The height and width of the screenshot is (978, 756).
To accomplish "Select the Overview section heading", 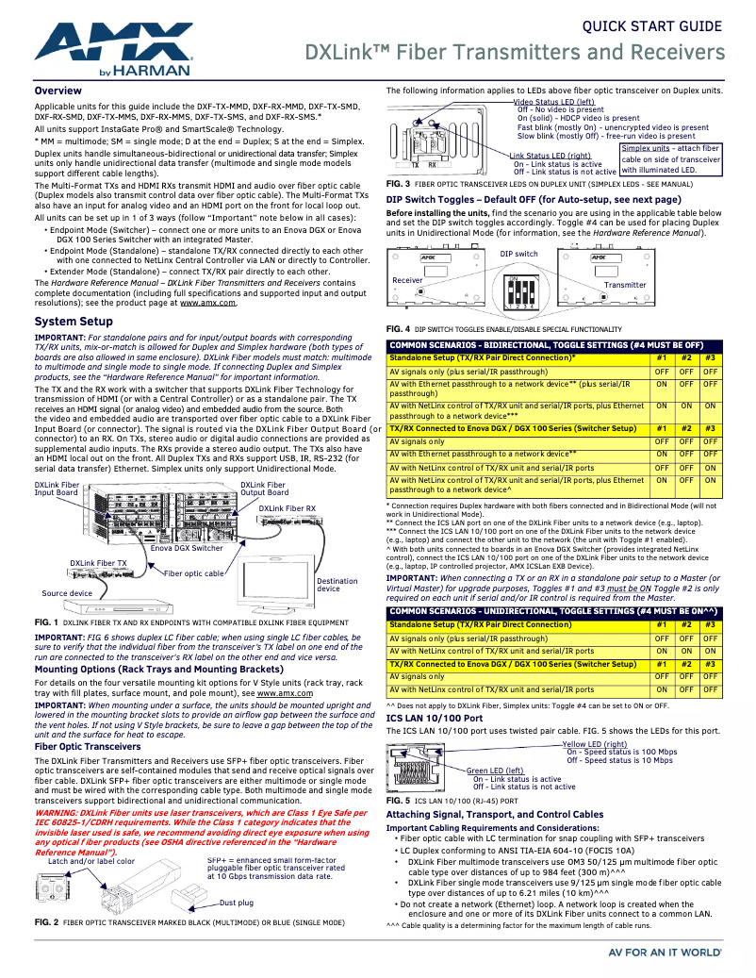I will [x=58, y=91].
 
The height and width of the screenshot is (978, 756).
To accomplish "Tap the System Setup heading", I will [x=74, y=322].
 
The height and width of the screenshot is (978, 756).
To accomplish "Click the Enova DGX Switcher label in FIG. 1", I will [x=187, y=548].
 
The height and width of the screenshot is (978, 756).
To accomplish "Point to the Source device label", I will [x=67, y=593].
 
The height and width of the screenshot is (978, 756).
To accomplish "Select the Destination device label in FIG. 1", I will [x=337, y=585].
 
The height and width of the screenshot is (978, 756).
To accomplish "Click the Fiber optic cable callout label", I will [x=194, y=573].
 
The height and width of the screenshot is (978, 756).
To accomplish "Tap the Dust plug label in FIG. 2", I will [x=237, y=903].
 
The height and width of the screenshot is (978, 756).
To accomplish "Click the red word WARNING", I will [x=57, y=812].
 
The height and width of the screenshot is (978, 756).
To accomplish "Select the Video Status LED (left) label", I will [x=554, y=102].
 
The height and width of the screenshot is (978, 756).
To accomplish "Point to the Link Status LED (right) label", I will [x=551, y=156].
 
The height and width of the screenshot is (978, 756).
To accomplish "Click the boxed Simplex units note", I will [x=670, y=159].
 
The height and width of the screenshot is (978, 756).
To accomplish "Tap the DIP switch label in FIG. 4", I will [x=518, y=255].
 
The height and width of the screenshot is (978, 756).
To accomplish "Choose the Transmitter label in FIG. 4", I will [x=625, y=285].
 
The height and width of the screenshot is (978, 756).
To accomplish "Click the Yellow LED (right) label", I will [x=595, y=744].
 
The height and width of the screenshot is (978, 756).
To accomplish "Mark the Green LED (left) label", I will [x=495, y=771].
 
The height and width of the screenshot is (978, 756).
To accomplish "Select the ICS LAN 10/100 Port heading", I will [x=435, y=718].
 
